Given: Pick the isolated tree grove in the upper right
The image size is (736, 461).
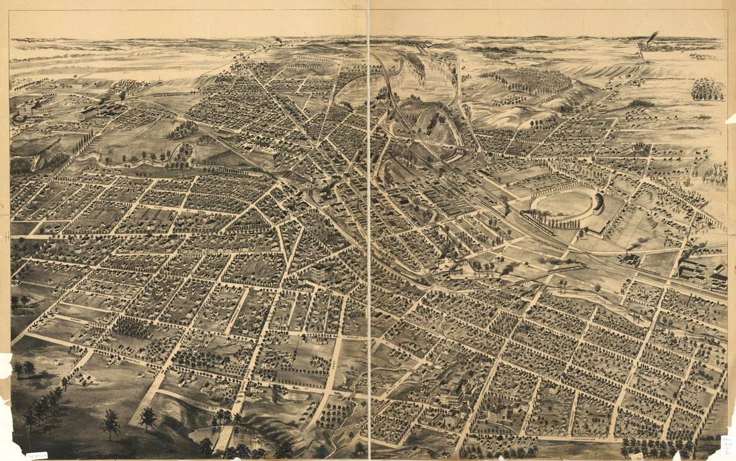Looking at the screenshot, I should pos(707,90).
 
